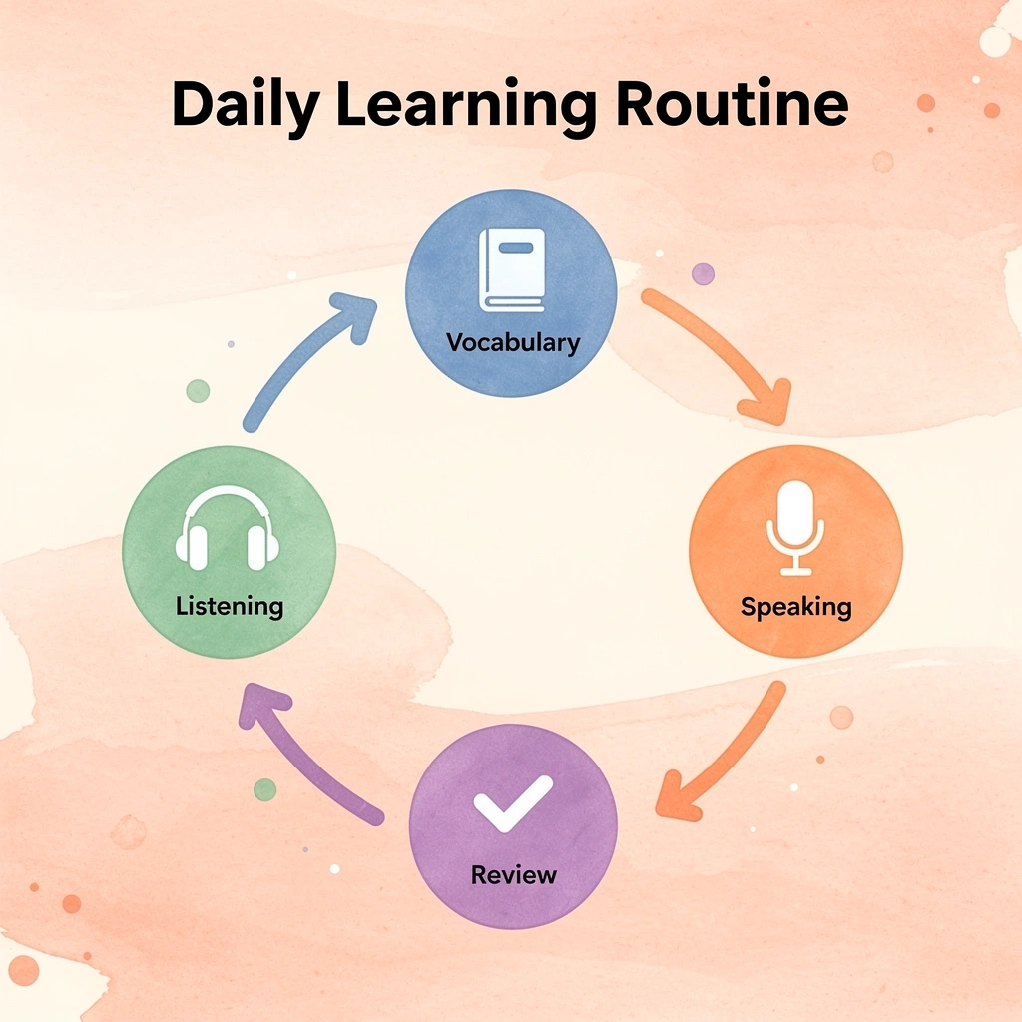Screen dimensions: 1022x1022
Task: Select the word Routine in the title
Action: point(732,103)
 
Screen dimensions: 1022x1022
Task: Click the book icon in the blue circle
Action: point(512,269)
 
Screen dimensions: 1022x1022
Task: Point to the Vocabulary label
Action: point(513,343)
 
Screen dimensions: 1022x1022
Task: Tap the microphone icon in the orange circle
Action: point(795,528)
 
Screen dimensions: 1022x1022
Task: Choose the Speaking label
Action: point(795,607)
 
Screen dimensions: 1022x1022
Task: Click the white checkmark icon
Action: point(513,804)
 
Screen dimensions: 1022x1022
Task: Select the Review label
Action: point(514,874)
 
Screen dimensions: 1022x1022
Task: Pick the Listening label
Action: point(230,606)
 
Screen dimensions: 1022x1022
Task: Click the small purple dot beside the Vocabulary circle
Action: point(703,274)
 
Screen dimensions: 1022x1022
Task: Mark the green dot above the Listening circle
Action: point(199,391)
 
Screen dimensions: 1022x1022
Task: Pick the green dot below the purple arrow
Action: point(264,790)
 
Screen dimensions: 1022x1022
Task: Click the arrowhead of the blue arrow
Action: point(355,316)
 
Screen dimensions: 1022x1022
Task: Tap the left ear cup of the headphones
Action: point(191,548)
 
